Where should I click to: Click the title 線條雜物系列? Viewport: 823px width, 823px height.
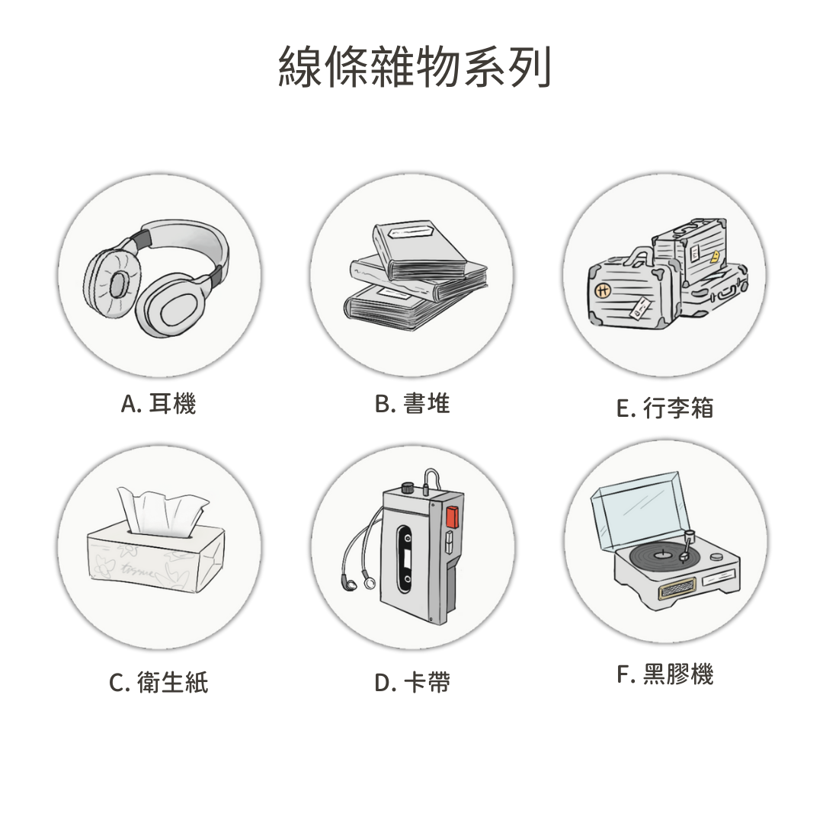pos(414,66)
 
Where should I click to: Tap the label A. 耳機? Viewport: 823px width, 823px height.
pos(158,404)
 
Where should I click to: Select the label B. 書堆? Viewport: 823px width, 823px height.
pos(412,404)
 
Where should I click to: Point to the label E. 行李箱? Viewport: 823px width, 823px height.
pos(665,408)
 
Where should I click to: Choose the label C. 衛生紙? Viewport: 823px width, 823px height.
pos(159,682)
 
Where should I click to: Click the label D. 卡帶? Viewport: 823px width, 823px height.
pos(412,682)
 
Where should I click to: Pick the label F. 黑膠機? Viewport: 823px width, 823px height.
pos(665,674)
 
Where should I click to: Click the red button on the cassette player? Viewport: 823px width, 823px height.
pos(451,517)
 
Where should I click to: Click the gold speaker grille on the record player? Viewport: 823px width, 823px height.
pos(677,588)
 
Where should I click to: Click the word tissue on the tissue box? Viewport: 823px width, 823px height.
pos(137,569)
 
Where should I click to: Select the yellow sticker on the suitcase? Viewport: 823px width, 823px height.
pos(714,257)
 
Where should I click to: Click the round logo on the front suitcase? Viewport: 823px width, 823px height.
pos(603,290)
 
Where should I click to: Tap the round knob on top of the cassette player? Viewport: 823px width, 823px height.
pos(407,486)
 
